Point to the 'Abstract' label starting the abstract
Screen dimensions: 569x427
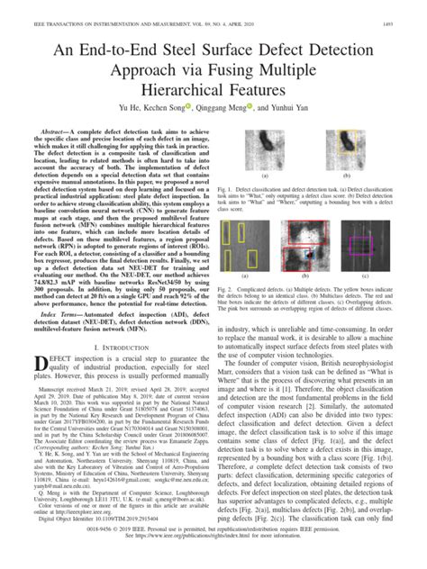point(55,131)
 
